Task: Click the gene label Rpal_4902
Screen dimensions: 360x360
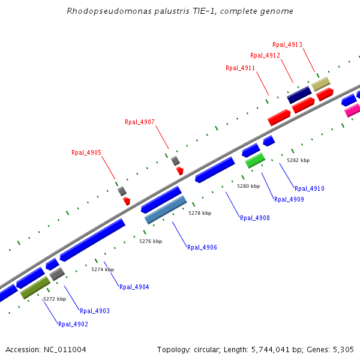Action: pos(73,324)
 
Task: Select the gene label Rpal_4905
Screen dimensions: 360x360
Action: pos(86,152)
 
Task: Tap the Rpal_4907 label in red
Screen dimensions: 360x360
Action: pos(140,122)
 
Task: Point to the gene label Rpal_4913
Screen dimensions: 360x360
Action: pos(287,44)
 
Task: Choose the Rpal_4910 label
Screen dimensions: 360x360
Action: pos(310,188)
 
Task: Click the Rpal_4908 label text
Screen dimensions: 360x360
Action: pos(255,218)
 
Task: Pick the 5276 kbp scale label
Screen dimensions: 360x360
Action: pos(151,241)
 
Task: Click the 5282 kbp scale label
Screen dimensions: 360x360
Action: pos(298,160)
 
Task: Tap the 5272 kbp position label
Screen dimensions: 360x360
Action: pos(55,299)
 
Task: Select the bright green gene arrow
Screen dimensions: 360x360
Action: pos(255,160)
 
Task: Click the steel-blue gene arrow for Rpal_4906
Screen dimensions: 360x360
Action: pos(166,210)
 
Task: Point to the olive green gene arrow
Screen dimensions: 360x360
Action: pos(35,287)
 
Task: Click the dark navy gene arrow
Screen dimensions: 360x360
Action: pos(299,95)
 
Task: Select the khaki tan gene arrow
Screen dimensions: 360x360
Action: pos(320,84)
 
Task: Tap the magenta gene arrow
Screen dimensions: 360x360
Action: pos(352,110)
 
